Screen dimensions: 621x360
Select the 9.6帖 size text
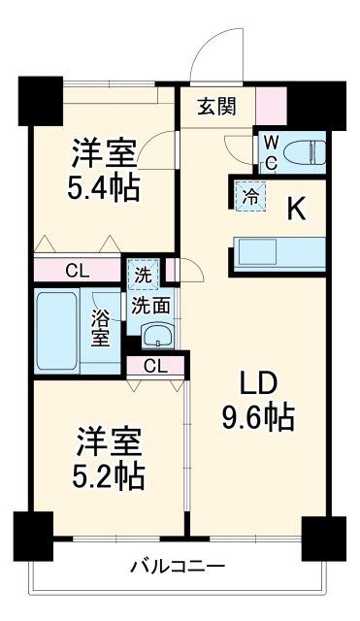pos(254,418)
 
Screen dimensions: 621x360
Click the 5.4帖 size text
pos(104,185)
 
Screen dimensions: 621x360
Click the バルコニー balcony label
pos(179,566)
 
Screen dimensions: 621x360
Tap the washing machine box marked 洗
pos(143,276)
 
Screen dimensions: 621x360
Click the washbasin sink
pos(155,337)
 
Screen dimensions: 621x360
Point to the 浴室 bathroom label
pos(101,326)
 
